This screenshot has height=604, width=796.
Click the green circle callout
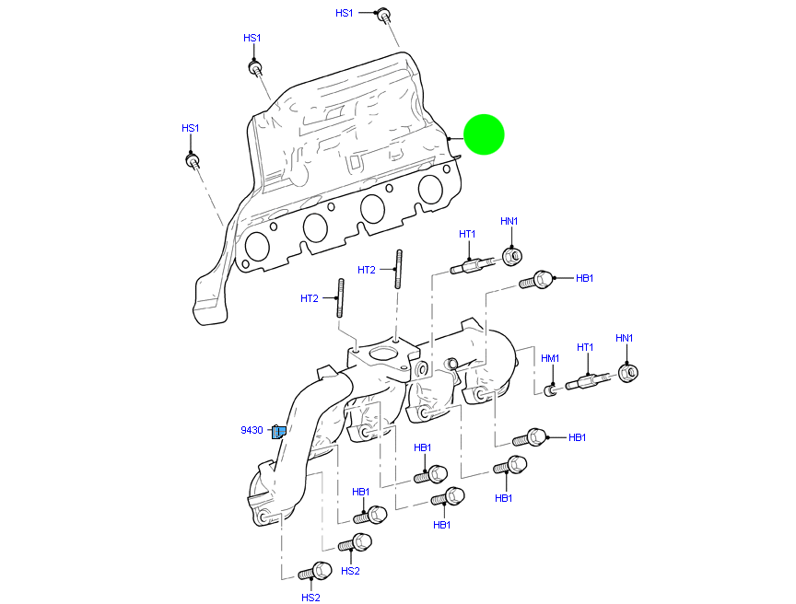(484, 134)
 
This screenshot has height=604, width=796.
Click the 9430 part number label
(252, 430)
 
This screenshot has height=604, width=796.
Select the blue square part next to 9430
(278, 431)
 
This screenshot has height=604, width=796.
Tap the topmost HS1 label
(344, 13)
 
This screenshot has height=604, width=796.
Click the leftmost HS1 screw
(193, 162)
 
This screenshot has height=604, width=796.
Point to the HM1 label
(550, 358)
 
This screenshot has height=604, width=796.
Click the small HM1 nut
(550, 390)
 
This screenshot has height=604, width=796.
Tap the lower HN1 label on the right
(624, 338)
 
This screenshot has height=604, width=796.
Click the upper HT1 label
(467, 234)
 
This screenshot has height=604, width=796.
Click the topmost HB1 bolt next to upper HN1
(538, 279)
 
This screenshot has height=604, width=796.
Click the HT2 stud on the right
(399, 269)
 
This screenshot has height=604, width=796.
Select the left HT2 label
(309, 298)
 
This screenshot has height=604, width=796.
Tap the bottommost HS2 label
(310, 597)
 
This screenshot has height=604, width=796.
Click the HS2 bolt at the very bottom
(316, 572)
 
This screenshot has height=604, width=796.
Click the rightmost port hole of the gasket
(430, 189)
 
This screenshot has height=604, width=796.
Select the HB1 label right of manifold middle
(578, 437)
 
